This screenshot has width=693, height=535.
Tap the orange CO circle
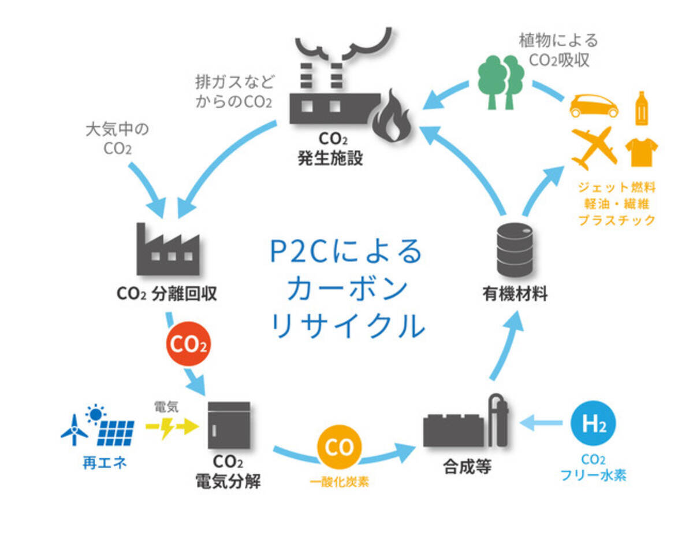[x=340, y=448]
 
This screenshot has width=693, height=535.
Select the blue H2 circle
[x=593, y=425]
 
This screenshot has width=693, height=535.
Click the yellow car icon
[x=594, y=106]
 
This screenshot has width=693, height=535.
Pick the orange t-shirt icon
[x=642, y=152]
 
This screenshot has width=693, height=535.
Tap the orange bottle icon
[x=640, y=108]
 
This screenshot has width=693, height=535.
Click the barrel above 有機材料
[x=515, y=249]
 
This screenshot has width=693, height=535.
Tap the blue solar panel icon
[x=116, y=431]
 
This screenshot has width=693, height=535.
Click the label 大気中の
[x=117, y=130]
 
